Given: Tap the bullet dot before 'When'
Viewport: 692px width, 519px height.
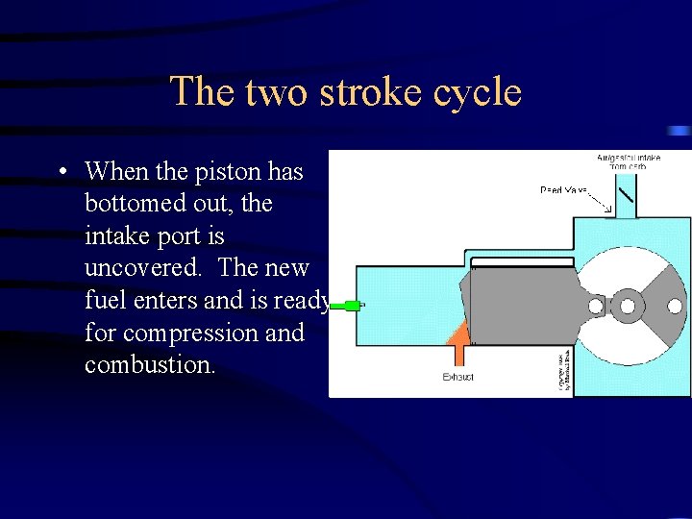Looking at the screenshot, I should click(x=61, y=173).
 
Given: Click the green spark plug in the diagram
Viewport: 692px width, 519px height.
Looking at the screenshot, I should click(x=345, y=306).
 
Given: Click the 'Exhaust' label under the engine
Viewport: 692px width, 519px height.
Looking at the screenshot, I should click(x=458, y=378).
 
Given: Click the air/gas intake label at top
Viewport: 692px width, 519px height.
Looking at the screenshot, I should click(x=629, y=161).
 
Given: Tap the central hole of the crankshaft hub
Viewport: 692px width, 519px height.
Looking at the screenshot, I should click(x=628, y=307).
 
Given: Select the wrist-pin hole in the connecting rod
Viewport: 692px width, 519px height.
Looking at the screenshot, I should click(x=596, y=307).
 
